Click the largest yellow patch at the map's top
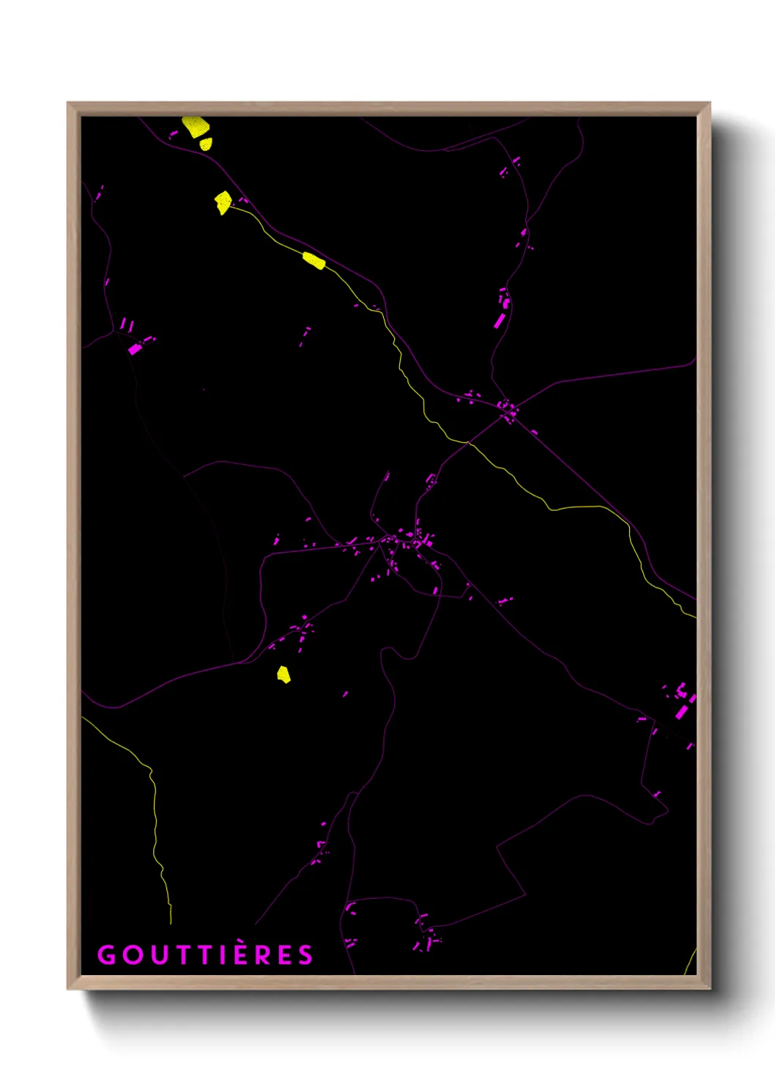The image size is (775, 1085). point(194,126)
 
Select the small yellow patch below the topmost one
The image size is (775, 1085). point(206,144)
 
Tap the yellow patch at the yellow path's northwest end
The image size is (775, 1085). point(223,202)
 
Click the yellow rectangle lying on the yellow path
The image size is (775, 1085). point(314,260)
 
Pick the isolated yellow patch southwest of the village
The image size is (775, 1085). point(283,674)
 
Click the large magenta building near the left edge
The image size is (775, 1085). point(135,349)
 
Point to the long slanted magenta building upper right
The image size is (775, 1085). point(500,320)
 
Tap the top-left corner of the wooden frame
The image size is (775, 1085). point(68,103)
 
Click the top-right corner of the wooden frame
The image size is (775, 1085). point(709,103)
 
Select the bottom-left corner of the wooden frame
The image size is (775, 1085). point(68,988)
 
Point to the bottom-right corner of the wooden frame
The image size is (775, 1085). point(709,988)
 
